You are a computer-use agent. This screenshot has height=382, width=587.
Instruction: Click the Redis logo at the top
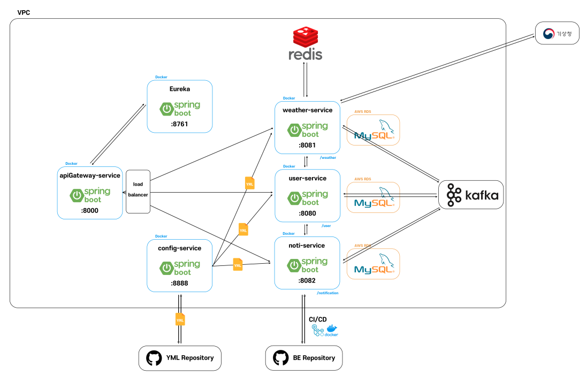coord(306,43)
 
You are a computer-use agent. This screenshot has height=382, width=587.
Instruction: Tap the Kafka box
coord(471,195)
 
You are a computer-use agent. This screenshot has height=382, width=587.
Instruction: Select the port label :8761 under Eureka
coord(179,124)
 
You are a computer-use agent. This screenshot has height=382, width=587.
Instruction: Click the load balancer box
coord(138,191)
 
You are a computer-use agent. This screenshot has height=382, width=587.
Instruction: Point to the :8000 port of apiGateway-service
coord(90,211)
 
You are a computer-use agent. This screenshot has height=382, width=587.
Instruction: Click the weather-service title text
coord(307,110)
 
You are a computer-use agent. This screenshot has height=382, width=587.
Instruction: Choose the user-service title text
coord(307,178)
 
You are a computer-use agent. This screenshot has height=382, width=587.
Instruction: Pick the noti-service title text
coord(307,246)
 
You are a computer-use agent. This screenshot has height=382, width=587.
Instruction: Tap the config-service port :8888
coord(179,283)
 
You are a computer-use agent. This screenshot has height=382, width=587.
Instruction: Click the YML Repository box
coord(180,358)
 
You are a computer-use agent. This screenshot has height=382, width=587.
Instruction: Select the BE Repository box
coord(304,358)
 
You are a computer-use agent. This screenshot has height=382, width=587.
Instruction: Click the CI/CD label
coord(318,319)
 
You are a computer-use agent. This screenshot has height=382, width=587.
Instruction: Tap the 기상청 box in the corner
coord(556,33)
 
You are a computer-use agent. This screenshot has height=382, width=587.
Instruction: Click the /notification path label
coord(327,293)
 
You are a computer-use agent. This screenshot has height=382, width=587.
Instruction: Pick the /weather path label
coord(327,158)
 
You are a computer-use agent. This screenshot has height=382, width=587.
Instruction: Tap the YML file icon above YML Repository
coord(180,319)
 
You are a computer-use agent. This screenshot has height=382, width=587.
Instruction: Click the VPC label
coord(24,12)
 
